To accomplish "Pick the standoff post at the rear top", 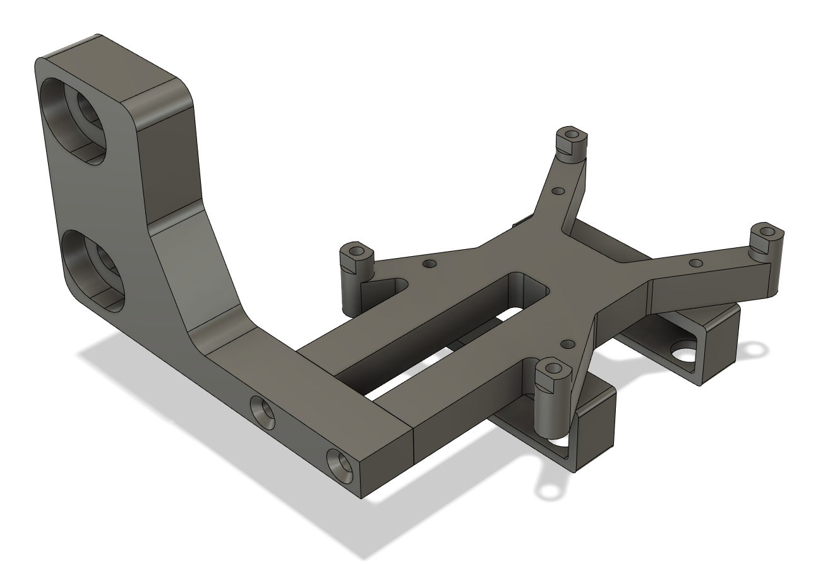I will coord(572,144).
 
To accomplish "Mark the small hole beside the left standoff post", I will coord(430,263).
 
